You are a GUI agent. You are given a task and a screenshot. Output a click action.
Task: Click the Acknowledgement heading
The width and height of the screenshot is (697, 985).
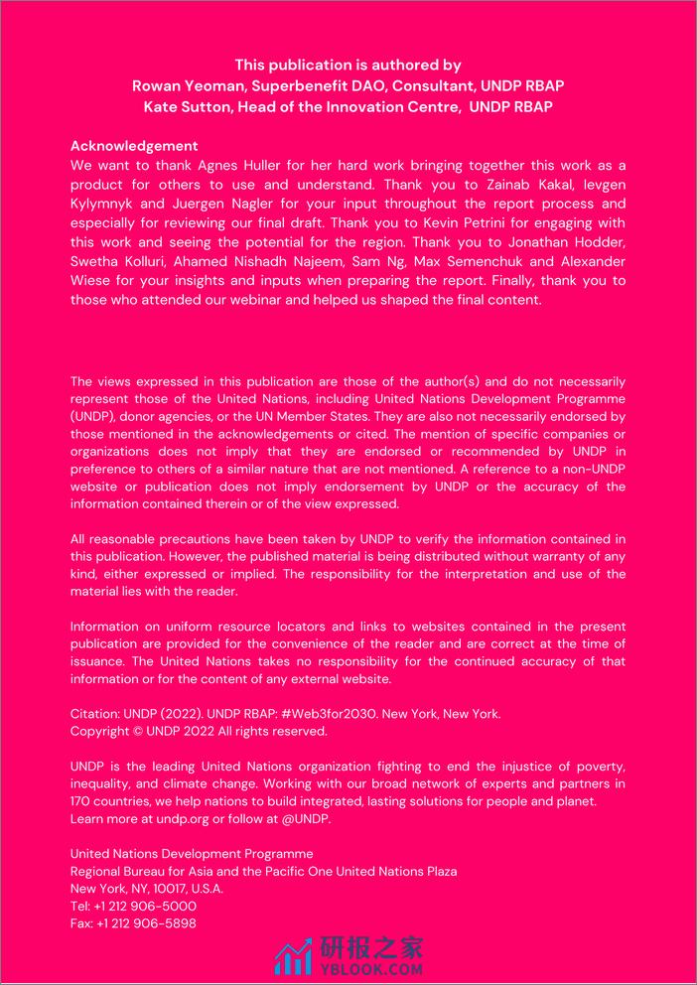point(134,146)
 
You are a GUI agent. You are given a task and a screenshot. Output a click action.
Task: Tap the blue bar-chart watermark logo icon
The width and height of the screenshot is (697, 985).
point(293,958)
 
